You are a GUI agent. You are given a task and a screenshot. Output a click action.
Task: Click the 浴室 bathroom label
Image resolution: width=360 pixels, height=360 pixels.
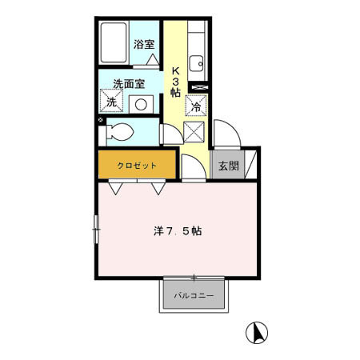(144, 45)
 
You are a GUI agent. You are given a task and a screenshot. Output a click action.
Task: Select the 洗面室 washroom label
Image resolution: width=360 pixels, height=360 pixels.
(128, 83)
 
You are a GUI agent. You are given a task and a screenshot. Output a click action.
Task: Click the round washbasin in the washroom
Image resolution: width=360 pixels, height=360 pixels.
(142, 103)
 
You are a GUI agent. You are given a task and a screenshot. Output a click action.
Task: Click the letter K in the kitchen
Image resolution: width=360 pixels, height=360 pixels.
(174, 69)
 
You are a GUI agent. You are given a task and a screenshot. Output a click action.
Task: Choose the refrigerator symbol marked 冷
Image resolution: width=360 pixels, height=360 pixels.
(197, 103)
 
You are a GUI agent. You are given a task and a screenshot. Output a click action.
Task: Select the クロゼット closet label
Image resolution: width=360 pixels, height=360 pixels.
(137, 166)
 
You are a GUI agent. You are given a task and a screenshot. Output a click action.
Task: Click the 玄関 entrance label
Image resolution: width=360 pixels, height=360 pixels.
(227, 166)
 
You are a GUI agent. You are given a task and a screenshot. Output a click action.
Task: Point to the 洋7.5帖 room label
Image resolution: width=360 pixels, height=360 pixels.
(178, 232)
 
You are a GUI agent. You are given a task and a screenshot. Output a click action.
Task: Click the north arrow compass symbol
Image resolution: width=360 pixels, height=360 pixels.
(258, 330)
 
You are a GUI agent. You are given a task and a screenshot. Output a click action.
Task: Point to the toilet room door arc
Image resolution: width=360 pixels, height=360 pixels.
(170, 134)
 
